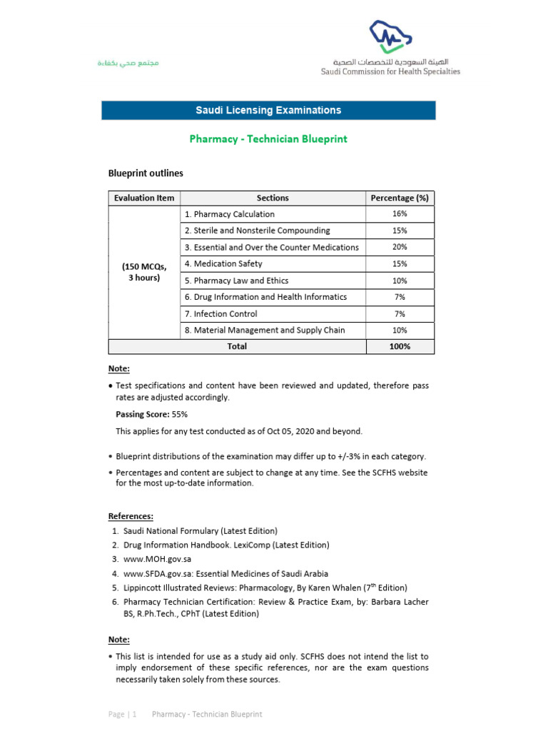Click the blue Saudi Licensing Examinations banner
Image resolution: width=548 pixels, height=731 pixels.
point(268,111)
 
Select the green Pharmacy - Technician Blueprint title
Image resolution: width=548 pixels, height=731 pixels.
point(268,139)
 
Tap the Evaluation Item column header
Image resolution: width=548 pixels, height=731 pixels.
point(144,198)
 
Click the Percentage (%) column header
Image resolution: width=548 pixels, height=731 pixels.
point(400,198)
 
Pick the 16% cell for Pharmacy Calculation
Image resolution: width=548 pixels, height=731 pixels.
point(400,214)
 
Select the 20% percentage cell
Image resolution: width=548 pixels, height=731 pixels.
point(400,247)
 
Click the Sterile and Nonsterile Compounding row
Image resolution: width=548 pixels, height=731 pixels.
point(257,231)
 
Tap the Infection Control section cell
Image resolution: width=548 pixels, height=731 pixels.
point(220,313)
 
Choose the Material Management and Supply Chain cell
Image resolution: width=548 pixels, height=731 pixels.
point(264,330)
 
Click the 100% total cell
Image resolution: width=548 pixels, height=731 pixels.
point(400,346)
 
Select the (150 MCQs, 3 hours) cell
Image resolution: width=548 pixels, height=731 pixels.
point(144,272)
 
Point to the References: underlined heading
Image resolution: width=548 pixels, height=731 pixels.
point(131,516)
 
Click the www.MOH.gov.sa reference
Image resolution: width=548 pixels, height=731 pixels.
point(157,559)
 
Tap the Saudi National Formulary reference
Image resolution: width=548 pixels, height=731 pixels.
point(200,531)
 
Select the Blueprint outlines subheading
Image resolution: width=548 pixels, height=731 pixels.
point(146,173)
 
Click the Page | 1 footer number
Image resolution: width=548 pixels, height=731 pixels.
point(123,714)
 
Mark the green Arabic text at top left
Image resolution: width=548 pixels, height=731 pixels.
point(128,64)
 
